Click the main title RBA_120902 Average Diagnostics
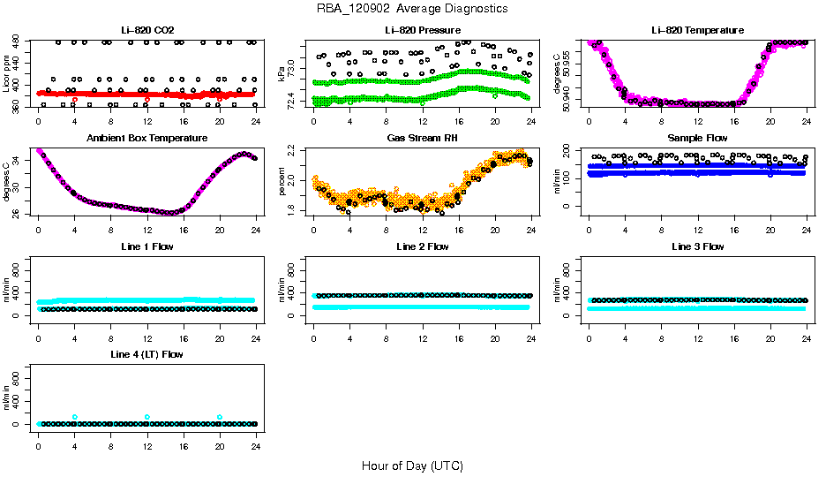[x=412, y=8]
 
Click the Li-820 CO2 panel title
[x=147, y=30]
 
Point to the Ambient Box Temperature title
[x=147, y=139]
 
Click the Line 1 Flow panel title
[x=147, y=246]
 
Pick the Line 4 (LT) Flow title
[x=147, y=354]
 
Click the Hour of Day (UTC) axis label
[x=412, y=465]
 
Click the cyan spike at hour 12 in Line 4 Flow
[x=147, y=417]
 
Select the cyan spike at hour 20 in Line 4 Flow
[x=220, y=417]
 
